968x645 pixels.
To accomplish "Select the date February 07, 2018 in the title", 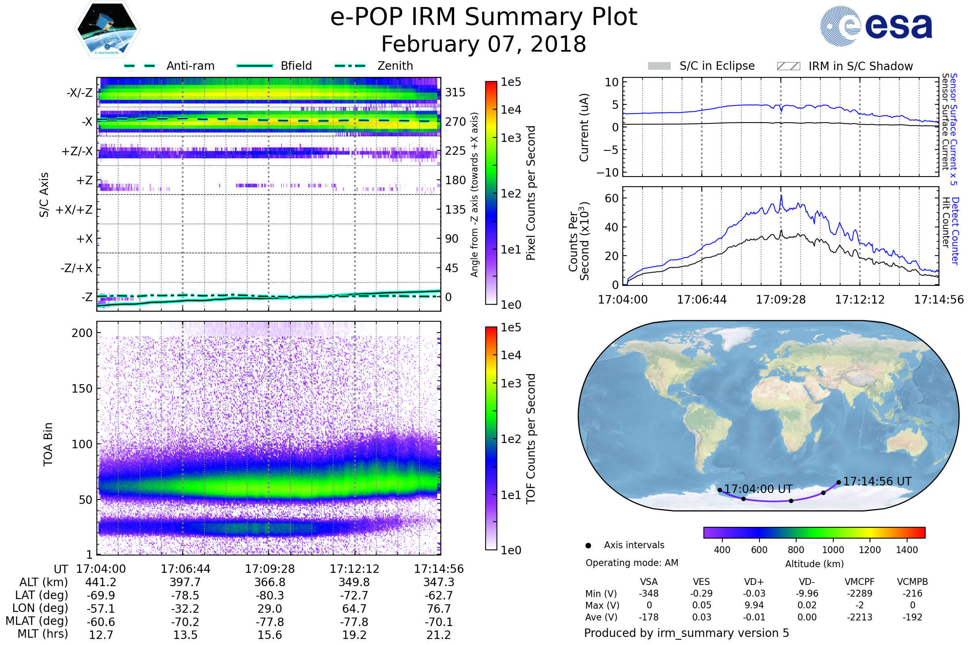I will pyautogui.click(x=484, y=44).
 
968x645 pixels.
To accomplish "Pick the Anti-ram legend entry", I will pyautogui.click(x=190, y=66).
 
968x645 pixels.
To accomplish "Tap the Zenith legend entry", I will pyautogui.click(x=395, y=66).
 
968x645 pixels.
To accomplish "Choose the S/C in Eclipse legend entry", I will pyautogui.click(x=717, y=66).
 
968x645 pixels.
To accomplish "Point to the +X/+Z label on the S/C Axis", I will pyautogui.click(x=74, y=210).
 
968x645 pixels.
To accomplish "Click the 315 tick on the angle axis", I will pyautogui.click(x=455, y=92).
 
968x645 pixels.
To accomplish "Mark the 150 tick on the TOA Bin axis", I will pyautogui.click(x=82, y=389).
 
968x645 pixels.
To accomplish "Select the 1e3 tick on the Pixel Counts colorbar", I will pyautogui.click(x=511, y=138).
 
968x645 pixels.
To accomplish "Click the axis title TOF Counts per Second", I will pyautogui.click(x=531, y=439).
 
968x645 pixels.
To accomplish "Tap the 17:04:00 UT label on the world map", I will pyautogui.click(x=758, y=489).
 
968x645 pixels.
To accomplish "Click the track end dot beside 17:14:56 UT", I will pyautogui.click(x=839, y=483).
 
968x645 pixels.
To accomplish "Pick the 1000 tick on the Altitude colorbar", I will pyautogui.click(x=832, y=550).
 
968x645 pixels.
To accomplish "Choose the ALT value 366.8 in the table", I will pyautogui.click(x=269, y=583).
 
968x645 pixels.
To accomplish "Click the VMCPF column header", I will pyautogui.click(x=860, y=582).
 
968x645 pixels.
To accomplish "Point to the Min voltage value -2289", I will pyautogui.click(x=860, y=593).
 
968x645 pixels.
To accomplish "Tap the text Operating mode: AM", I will pyautogui.click(x=632, y=563).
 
